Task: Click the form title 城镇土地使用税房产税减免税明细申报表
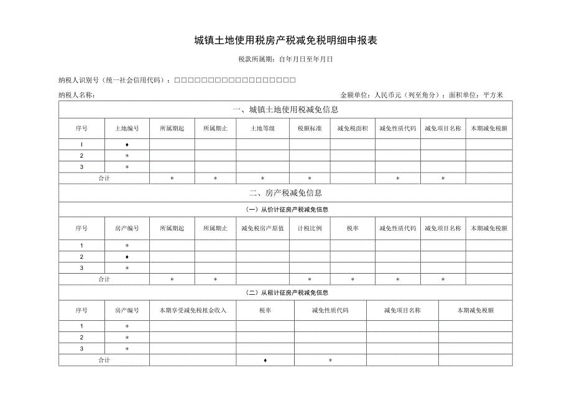(x=285, y=41)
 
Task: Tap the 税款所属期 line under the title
(x=285, y=60)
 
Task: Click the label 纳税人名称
(x=76, y=95)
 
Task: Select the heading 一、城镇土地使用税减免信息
(x=285, y=110)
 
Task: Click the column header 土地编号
(x=127, y=128)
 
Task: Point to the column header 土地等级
(x=262, y=128)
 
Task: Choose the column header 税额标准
(x=309, y=128)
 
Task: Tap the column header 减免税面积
(x=353, y=128)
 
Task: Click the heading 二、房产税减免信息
(x=285, y=193)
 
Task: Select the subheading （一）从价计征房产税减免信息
(x=285, y=209)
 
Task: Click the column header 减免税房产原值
(x=262, y=228)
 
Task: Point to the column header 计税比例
(x=309, y=228)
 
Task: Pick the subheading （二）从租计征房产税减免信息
(x=285, y=292)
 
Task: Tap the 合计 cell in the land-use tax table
(x=104, y=178)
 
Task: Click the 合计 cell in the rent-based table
(x=104, y=360)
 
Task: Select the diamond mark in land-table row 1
(x=127, y=144)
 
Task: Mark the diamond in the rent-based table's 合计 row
(x=265, y=360)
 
